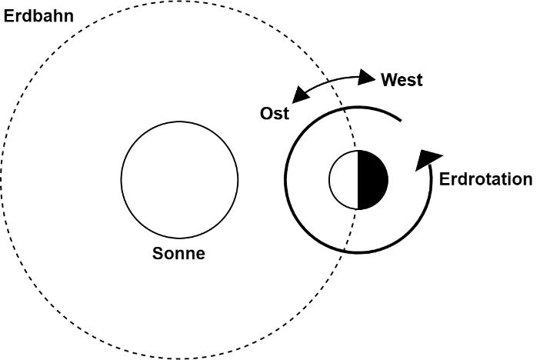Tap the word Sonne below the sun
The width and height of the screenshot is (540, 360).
tap(178, 254)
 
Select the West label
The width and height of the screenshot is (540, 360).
tap(402, 80)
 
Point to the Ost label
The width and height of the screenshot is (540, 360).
tap(274, 114)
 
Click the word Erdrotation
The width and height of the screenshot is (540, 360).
tap(485, 179)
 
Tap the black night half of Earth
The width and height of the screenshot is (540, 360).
tap(372, 180)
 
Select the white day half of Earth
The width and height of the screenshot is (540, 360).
tap(344, 180)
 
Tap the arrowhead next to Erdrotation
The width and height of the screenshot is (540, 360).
tap(426, 159)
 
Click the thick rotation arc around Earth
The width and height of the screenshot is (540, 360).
tap(286, 181)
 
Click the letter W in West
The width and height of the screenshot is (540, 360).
tap(388, 80)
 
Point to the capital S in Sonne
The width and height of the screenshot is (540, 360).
tap(158, 254)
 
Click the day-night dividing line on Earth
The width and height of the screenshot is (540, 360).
tap(358, 180)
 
